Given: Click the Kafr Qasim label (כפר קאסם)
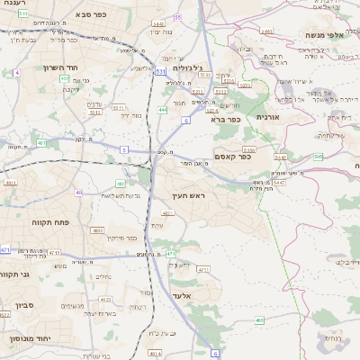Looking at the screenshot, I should [233, 157].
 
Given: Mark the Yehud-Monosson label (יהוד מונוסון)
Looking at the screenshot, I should [27, 339].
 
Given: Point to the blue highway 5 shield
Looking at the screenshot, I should [123, 148].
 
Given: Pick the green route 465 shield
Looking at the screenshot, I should [259, 319].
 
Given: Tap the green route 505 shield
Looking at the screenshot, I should [318, 157].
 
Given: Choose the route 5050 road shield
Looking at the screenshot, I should [250, 149].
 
